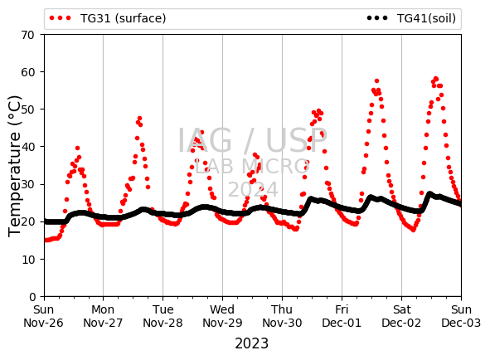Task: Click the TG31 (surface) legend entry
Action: [x=108, y=18]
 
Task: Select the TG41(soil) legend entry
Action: [x=411, y=18]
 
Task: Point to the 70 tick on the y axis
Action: [x=27, y=35]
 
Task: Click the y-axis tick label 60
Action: [x=27, y=72]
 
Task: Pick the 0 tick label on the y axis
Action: [x=32, y=296]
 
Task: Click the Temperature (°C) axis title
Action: [x=14, y=166]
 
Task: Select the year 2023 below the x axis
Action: [x=251, y=343]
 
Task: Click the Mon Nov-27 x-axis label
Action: [x=103, y=316]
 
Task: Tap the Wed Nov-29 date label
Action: [x=222, y=316]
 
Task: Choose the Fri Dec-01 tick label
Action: [x=342, y=316]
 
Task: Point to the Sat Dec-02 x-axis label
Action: [x=401, y=316]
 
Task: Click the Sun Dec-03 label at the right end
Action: [x=461, y=316]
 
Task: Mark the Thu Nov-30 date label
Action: [x=282, y=316]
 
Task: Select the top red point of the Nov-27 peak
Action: [x=139, y=119]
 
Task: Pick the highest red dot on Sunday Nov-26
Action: [x=77, y=148]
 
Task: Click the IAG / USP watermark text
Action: [x=253, y=140]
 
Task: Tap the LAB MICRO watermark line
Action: [x=252, y=166]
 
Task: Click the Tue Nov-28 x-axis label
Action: [x=163, y=316]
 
